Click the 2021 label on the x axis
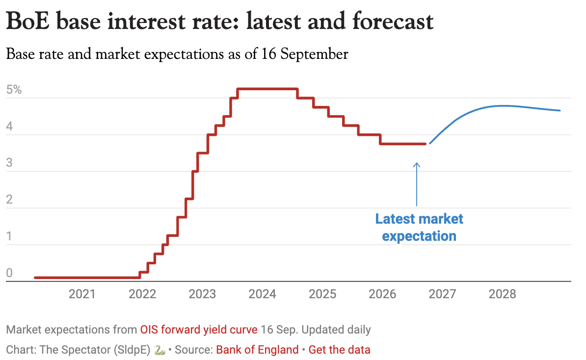pos(82,294)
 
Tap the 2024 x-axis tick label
pos(262,294)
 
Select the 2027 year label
pos(442,294)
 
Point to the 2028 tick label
pos(502,294)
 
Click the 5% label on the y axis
pos(14,90)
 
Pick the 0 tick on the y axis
pos(9,273)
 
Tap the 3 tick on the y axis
pos(9,163)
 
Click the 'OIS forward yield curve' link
pos(199,330)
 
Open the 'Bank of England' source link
pos(257,350)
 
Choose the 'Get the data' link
pos(339,350)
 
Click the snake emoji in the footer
pos(160,350)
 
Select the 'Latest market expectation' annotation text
pos(419,228)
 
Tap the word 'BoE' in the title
pos(27,21)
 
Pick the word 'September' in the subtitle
pos(314,54)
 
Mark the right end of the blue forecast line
pos(559,110)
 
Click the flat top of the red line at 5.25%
pos(267,89)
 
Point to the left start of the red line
pos(35,278)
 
